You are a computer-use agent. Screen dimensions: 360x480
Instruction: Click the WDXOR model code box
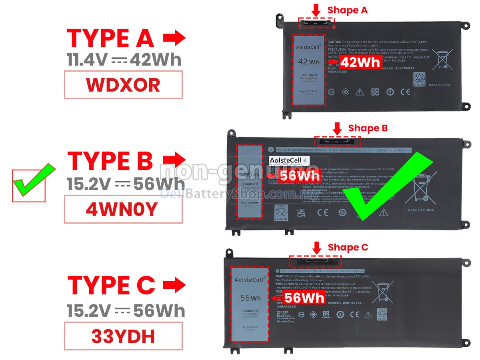click(x=123, y=85)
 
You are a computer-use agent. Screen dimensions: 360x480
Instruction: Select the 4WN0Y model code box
click(x=123, y=209)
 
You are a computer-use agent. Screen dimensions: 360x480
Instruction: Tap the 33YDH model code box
click(x=123, y=336)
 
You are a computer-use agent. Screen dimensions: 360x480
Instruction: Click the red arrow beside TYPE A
click(x=174, y=38)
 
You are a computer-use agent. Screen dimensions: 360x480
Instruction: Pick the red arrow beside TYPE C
click(x=174, y=285)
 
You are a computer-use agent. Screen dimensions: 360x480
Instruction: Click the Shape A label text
click(x=347, y=10)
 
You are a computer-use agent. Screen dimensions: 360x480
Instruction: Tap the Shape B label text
click(x=368, y=128)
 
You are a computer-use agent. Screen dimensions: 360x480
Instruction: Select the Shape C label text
click(x=348, y=248)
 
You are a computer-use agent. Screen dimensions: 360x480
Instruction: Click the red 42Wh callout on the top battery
click(x=359, y=62)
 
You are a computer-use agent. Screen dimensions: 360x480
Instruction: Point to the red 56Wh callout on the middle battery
click(x=299, y=176)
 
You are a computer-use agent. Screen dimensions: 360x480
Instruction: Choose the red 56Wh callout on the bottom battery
click(x=304, y=298)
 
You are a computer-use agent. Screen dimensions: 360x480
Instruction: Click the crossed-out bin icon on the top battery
click(x=442, y=60)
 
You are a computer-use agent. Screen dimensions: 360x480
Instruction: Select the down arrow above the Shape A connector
click(x=316, y=10)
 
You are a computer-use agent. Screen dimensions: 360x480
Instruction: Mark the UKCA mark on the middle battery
click(x=302, y=212)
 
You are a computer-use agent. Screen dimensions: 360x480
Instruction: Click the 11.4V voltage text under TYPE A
click(x=87, y=60)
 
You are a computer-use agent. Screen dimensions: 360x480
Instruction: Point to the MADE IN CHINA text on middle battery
click(x=420, y=210)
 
